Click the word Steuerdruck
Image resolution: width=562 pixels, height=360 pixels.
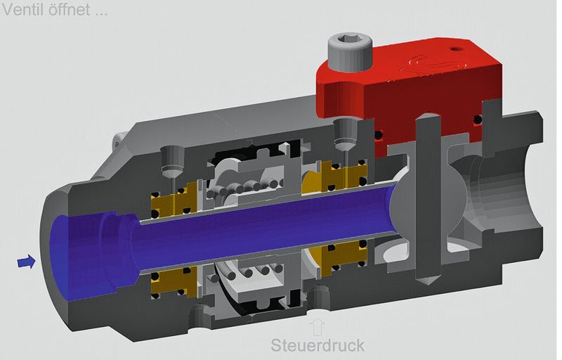318,345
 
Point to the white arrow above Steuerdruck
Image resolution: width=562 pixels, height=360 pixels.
318,326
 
